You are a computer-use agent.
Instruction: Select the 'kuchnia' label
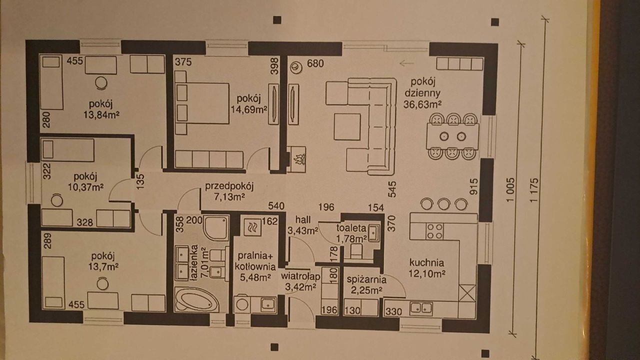pyautogui.click(x=426, y=263)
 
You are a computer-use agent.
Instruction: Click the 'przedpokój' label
pyautogui.click(x=229, y=187)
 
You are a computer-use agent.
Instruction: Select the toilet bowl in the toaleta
pyautogui.click(x=356, y=251)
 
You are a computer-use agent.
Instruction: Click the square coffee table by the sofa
pyautogui.click(x=347, y=127)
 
